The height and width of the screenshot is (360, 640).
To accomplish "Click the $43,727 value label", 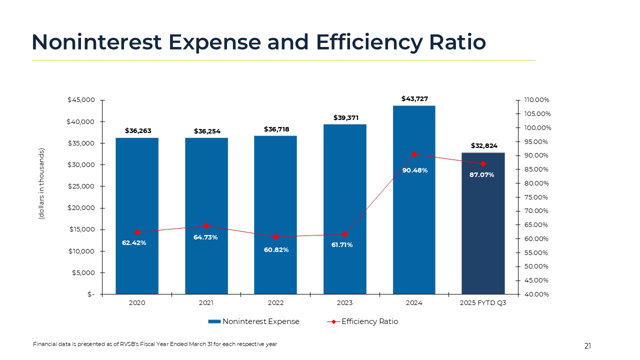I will click(414, 99).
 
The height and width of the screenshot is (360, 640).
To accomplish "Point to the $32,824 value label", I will click(483, 145).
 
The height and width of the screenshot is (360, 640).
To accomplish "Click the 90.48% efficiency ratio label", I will click(415, 170).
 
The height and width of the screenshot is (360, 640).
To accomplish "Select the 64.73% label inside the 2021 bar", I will click(205, 237).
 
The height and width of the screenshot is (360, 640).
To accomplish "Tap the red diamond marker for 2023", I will click(344, 234).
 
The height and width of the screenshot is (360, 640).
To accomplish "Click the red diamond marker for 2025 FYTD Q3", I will click(483, 164).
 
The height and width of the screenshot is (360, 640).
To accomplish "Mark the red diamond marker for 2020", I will click(137, 232).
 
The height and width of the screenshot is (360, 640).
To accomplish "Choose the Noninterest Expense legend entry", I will click(254, 321).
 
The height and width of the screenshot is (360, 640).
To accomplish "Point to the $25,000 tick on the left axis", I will click(81, 186).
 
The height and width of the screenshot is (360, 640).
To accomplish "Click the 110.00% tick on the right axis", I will click(536, 100).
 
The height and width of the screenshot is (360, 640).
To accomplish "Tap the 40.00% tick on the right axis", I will click(536, 294).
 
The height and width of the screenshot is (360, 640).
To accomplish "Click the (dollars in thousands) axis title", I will click(42, 184).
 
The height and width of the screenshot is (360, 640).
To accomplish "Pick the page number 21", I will click(587, 346).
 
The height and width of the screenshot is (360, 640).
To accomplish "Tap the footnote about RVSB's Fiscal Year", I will click(155, 344).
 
